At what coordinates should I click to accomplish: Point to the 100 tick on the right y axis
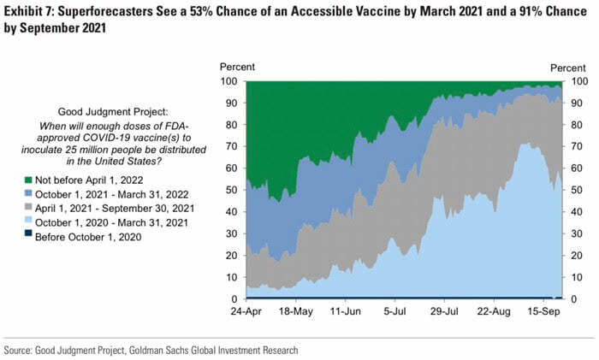(581, 82)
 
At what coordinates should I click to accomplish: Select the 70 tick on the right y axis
(578, 147)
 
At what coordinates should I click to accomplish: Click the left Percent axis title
(237, 67)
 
